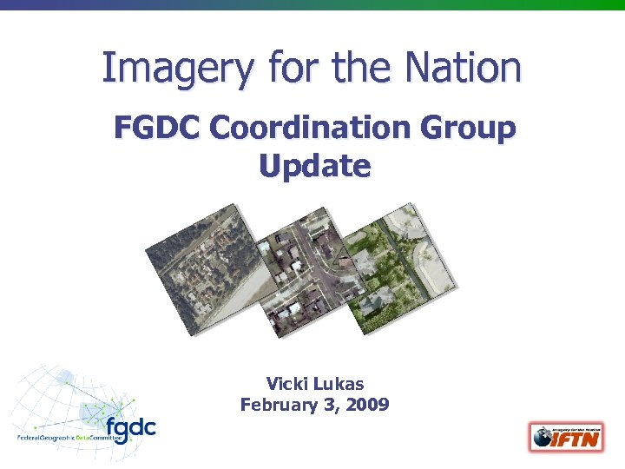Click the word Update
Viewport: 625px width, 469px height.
(314, 165)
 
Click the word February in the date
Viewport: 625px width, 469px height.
(277, 404)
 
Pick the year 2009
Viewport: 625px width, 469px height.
(369, 404)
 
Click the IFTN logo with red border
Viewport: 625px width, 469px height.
(564, 436)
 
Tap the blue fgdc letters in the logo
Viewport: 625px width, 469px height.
(129, 428)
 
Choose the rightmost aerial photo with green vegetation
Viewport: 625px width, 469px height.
(399, 261)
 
